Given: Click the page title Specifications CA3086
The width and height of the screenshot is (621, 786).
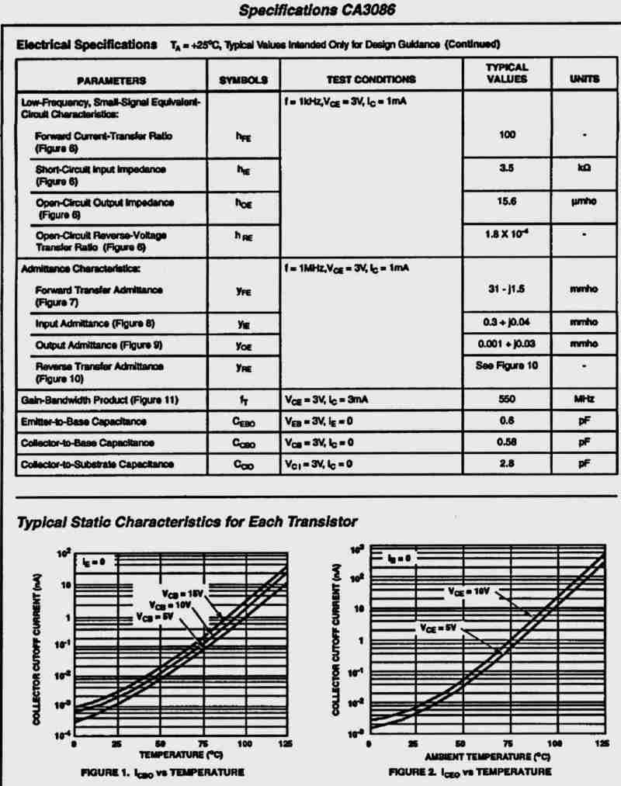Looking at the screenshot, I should (x=310, y=12).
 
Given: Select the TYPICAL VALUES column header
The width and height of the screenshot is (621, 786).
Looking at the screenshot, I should (x=507, y=74).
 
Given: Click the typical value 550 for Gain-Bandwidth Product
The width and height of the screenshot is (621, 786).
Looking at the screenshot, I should (x=507, y=400).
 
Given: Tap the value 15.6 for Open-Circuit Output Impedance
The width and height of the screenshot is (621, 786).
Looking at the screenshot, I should (x=507, y=201).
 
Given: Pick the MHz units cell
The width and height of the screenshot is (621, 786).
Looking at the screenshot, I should (x=584, y=400).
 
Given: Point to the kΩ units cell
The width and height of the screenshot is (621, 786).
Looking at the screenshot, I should (x=584, y=168).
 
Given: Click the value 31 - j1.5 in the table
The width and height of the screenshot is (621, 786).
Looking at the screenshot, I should (x=507, y=289).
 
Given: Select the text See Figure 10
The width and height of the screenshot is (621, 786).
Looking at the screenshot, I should (x=507, y=365).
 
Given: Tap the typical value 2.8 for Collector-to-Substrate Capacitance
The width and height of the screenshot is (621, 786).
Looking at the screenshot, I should (x=507, y=464).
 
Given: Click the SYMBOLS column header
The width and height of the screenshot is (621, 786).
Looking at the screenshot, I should (x=243, y=79).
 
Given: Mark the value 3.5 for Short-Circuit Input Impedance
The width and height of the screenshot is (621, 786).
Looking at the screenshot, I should (x=507, y=168).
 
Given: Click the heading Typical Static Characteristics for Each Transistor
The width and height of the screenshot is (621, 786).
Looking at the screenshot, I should (x=186, y=521).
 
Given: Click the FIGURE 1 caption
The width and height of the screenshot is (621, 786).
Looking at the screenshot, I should (x=162, y=772).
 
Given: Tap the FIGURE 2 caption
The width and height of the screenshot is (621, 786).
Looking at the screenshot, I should (x=470, y=772).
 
